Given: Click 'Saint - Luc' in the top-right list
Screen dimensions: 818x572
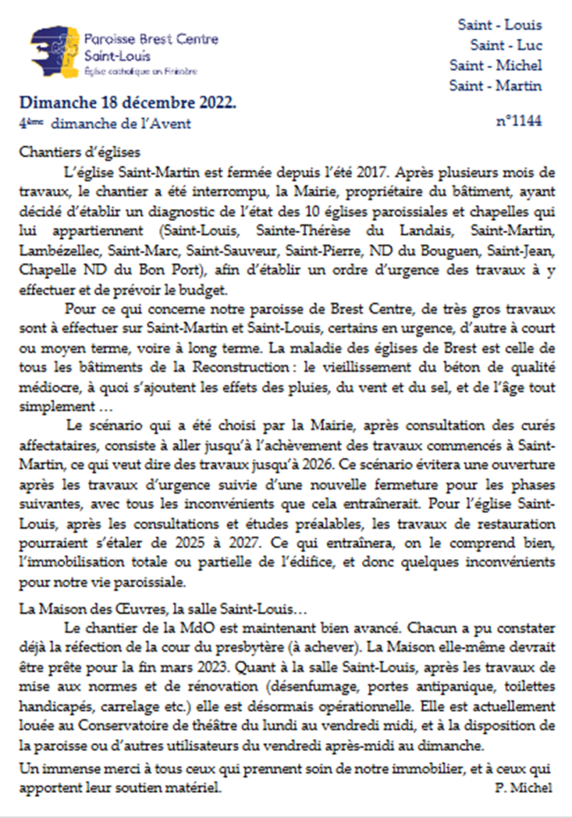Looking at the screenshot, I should click(506, 45).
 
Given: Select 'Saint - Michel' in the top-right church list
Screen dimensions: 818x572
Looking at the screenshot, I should click(496, 65).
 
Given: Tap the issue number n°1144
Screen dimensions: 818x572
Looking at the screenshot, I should click(519, 121).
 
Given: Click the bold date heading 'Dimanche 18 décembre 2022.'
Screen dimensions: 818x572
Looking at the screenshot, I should click(128, 103).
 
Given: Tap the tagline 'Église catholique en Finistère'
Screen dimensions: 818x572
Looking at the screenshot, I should click(140, 71).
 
